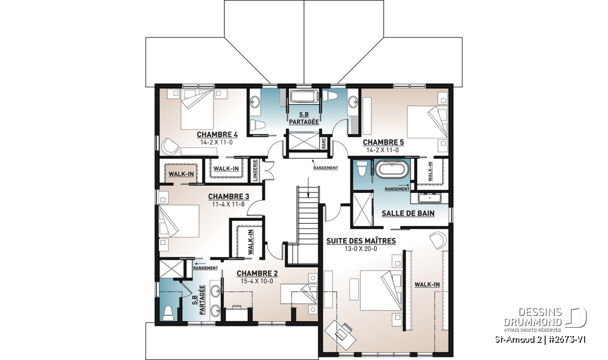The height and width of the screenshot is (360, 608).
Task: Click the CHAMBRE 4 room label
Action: point(217,135)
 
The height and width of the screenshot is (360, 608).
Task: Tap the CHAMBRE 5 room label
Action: point(383,142)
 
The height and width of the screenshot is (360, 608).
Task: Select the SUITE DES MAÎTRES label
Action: point(361,241)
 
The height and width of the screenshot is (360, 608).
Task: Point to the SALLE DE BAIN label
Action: point(408,214)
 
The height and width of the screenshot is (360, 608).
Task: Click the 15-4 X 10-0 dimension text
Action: point(257,282)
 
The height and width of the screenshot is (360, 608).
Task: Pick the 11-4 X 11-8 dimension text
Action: point(229,204)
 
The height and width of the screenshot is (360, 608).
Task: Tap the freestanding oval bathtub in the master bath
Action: point(392,169)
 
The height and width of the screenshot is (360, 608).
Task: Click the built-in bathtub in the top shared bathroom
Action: point(304,97)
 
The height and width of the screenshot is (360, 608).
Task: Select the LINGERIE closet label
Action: point(255,170)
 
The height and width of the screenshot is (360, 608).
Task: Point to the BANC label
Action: point(324,143)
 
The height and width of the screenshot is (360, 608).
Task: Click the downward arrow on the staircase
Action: point(308,188)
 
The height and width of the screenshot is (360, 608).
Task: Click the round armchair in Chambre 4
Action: point(170,147)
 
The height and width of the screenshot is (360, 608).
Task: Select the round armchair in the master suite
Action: point(438,240)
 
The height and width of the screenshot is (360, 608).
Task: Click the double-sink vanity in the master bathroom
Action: point(430,198)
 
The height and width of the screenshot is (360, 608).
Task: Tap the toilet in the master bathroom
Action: point(362,169)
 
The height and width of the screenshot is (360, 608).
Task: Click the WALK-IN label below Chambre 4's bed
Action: point(226,169)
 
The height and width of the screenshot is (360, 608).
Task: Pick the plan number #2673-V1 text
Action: point(566,339)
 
